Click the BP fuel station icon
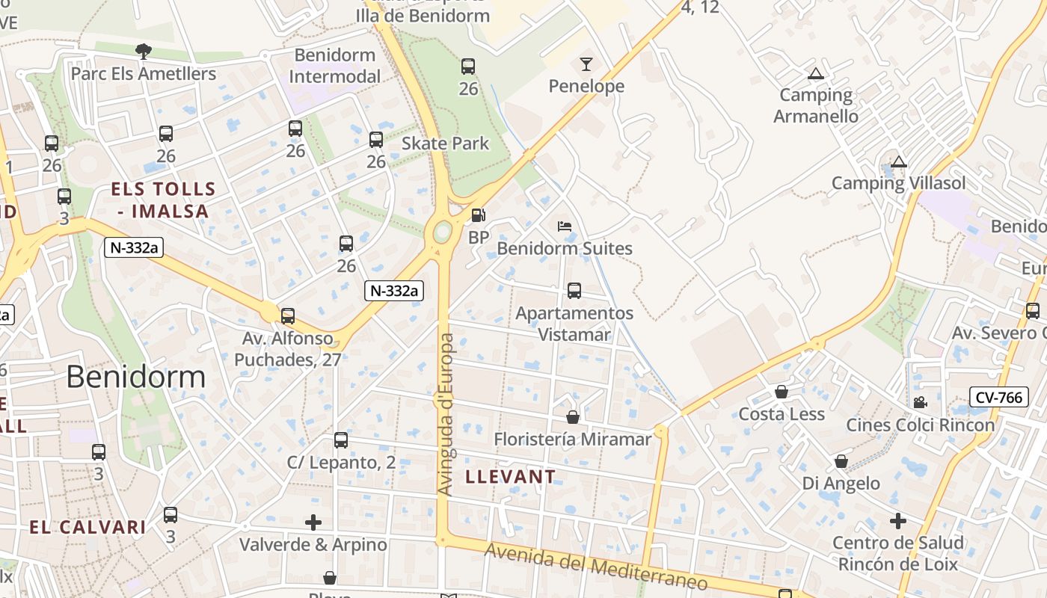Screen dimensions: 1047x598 (x=478, y=215)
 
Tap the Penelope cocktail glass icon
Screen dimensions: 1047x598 (x=586, y=64)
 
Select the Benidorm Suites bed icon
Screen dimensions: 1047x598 (x=565, y=226)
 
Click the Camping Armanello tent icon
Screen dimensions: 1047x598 (x=815, y=73)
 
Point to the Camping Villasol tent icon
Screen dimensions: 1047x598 (x=899, y=161)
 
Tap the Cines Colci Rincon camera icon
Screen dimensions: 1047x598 (x=920, y=402)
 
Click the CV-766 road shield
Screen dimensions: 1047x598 (x=999, y=398)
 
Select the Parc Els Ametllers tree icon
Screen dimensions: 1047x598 (x=144, y=52)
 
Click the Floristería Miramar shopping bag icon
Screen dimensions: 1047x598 (x=573, y=417)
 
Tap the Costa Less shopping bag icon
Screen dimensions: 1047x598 (x=782, y=392)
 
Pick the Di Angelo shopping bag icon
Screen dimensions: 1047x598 (x=841, y=461)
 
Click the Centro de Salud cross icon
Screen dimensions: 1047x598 (x=898, y=520)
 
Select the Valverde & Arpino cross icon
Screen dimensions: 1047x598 (x=313, y=522)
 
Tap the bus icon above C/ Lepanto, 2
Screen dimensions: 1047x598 (x=341, y=440)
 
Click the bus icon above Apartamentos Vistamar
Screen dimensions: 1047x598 (x=574, y=291)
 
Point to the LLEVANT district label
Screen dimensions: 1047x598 (x=511, y=476)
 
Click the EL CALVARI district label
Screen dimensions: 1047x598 (x=87, y=527)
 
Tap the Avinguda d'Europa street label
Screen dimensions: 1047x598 (x=446, y=414)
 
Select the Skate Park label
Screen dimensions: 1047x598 (x=446, y=144)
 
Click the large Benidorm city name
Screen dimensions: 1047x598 (x=135, y=377)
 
